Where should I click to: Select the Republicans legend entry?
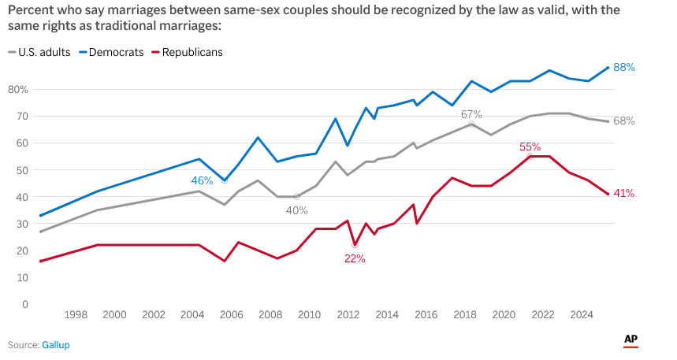click(192, 52)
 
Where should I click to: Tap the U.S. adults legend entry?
click(44, 52)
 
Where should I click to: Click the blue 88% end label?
click(624, 68)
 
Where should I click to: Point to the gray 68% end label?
click(624, 121)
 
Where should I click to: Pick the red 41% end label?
click(624, 194)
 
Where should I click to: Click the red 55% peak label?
click(530, 147)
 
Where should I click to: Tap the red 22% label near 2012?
click(355, 258)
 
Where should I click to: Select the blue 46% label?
click(203, 181)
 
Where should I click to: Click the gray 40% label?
click(296, 210)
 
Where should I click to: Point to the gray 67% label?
click(471, 115)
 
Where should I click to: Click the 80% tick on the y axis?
click(17, 90)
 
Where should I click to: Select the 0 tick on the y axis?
click(25, 304)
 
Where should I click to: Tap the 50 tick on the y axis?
click(23, 170)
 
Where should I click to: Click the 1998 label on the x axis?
click(76, 315)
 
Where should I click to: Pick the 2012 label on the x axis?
click(348, 315)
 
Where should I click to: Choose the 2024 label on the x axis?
click(581, 315)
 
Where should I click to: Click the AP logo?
click(631, 340)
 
